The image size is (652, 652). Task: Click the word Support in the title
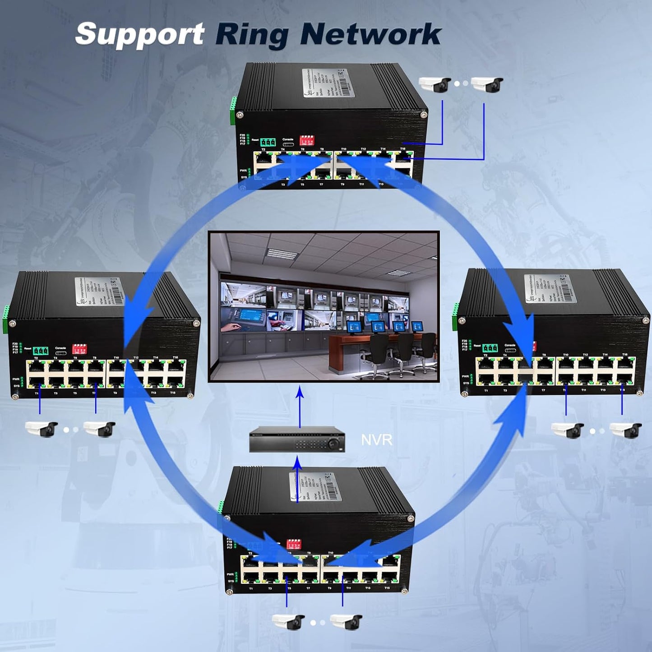139,34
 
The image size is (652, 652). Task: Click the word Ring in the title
251,34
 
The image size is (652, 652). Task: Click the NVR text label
377,439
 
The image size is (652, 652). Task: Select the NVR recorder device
297,439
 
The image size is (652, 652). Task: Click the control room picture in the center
324,306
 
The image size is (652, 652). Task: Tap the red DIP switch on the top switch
307,140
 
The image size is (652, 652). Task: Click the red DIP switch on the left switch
79,349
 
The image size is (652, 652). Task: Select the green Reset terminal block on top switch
268,143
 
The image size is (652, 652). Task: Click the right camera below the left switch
100,428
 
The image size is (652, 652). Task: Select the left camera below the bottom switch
288,621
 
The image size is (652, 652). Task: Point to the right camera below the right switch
625,430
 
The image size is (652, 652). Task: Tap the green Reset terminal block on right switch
490,347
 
